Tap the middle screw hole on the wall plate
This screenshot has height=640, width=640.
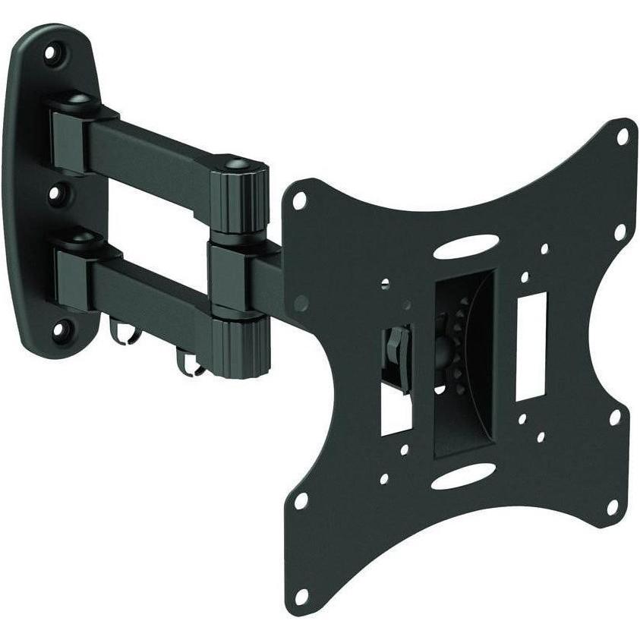pos(55,194)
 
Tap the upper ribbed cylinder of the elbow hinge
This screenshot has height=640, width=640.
pos(243,200)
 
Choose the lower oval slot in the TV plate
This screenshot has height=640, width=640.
pos(463,478)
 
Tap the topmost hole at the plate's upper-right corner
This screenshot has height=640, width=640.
pos(622,137)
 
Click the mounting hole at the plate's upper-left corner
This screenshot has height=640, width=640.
pos(301,199)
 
